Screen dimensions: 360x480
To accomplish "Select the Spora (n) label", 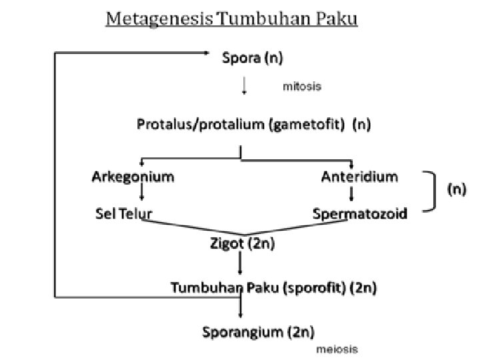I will click(x=253, y=59).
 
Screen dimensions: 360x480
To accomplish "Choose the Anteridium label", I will click(x=359, y=177).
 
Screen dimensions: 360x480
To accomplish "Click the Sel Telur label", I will click(x=123, y=213).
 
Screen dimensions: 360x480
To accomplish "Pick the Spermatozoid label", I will click(x=360, y=214).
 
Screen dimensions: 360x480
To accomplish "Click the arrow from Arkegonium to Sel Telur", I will click(x=141, y=195).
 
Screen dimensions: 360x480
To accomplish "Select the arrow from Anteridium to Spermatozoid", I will click(x=351, y=195).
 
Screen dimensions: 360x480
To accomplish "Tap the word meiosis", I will click(x=337, y=349).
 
